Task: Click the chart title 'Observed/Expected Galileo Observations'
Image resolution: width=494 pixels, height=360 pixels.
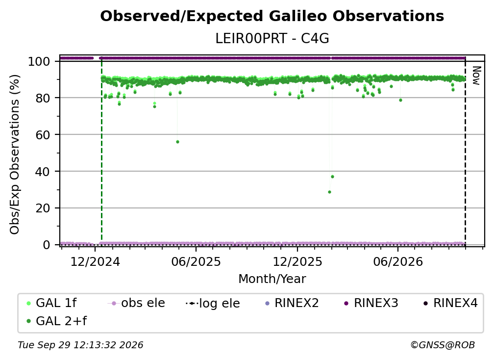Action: pos(272,16)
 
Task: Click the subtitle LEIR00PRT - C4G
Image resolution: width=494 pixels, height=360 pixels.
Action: pos(272,39)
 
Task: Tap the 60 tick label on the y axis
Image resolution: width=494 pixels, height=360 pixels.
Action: pos(43,135)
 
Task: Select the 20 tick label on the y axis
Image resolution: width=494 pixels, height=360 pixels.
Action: pos(43,208)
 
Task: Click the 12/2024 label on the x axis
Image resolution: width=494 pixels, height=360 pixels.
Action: pos(95,262)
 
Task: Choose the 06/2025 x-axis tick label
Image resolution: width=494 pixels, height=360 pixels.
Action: pos(196,262)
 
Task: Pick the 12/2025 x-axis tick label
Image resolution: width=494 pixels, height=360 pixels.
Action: pos(297,262)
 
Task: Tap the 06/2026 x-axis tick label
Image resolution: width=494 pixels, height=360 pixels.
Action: pos(398,262)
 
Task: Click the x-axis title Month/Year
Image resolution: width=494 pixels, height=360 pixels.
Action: pos(272,279)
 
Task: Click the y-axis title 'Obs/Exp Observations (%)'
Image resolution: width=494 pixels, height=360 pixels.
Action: pos(15,154)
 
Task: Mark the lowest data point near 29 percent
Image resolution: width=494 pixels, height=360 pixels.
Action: pos(329,192)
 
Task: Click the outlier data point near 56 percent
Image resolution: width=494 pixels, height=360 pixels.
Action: pos(178,142)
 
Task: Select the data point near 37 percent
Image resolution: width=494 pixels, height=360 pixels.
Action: pos(332,177)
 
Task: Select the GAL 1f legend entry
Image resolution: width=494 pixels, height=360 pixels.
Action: pos(51,303)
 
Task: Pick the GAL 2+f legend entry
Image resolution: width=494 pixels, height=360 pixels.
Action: pos(56,321)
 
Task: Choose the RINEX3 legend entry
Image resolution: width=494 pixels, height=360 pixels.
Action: pos(371,303)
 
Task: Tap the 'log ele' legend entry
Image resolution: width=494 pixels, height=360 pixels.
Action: pos(213,303)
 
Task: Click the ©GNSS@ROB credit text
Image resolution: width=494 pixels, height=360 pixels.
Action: pos(443,345)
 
